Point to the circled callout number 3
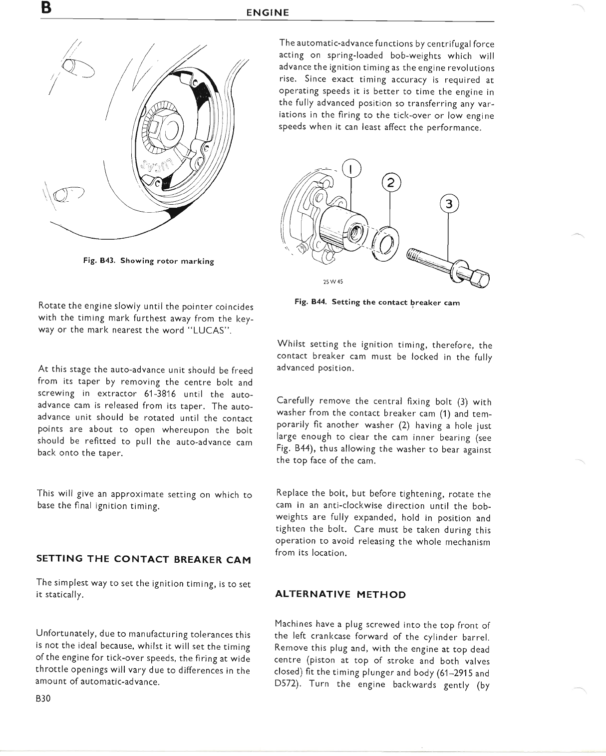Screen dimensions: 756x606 pos(448,204)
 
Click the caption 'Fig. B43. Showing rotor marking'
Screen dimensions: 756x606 pos(149,261)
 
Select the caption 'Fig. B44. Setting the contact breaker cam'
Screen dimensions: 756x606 pos(377,302)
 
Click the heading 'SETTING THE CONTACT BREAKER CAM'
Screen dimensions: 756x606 pos(144,559)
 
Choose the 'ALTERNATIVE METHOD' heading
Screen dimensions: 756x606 pos(340,595)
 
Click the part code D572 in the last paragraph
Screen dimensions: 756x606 pos(287,684)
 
